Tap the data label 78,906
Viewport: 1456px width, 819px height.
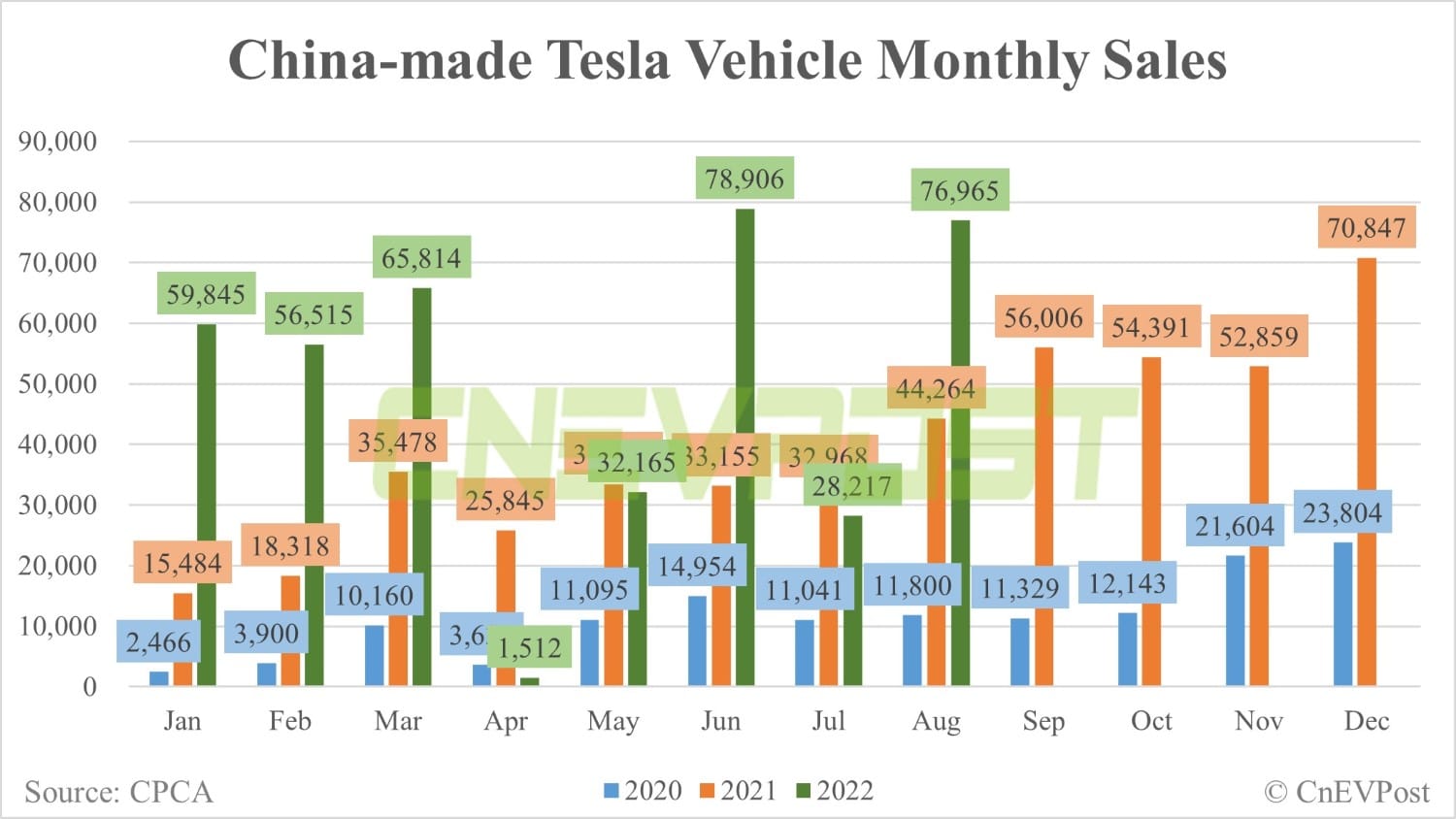(745, 179)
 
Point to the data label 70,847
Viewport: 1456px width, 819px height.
(1367, 228)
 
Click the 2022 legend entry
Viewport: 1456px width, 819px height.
(834, 791)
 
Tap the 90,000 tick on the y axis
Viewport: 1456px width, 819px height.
(58, 142)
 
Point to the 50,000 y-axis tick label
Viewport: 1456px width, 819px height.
(58, 384)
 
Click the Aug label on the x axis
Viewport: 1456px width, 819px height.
(936, 721)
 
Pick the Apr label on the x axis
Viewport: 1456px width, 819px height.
(506, 721)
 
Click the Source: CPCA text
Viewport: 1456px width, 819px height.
(118, 792)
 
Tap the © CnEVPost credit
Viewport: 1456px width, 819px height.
(1346, 792)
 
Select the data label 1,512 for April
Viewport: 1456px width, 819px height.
(529, 647)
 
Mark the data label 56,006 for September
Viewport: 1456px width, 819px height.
(1043, 317)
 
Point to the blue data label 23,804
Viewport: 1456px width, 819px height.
(1341, 512)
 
